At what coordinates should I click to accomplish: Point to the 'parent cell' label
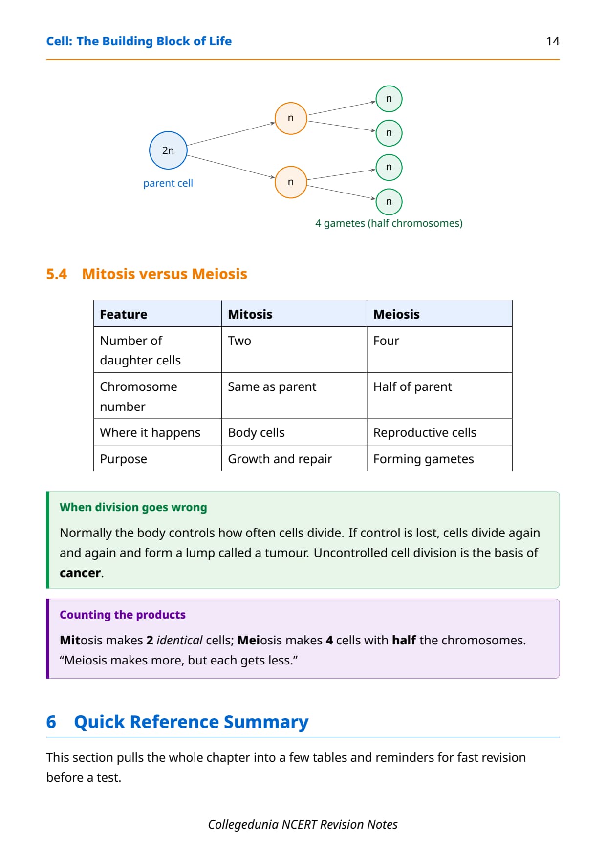coord(168,183)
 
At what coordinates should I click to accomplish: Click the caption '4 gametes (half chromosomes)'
coord(389,223)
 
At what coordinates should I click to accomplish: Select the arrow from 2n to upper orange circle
coord(231,134)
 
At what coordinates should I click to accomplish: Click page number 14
coord(553,41)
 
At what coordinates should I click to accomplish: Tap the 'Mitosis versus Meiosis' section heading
coord(165,274)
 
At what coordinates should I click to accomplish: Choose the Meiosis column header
coord(396,314)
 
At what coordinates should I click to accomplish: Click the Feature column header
coord(124,314)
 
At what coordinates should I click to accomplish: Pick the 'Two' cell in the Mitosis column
coord(239,341)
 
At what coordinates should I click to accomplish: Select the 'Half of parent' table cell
coord(412,386)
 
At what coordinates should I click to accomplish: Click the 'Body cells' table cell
coord(256,432)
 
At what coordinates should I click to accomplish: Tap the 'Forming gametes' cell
coord(424,459)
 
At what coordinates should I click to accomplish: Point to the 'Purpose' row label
coord(124,459)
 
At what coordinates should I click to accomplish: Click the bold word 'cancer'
coord(80,573)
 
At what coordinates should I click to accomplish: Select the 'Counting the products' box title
coord(123,615)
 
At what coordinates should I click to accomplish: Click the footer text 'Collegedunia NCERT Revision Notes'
coord(303,824)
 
